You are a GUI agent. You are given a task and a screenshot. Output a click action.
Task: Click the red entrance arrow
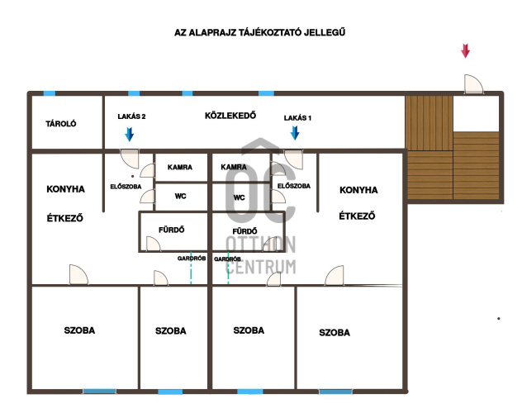click(x=465, y=51)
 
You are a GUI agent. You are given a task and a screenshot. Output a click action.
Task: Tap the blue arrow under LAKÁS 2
click(x=129, y=134)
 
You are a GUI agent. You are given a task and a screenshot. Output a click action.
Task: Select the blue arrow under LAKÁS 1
click(x=295, y=133)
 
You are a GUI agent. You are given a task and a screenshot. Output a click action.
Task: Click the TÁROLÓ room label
click(x=61, y=124)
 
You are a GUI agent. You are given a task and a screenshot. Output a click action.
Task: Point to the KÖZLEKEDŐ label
click(x=230, y=116)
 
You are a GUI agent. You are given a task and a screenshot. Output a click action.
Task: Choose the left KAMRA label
click(x=180, y=167)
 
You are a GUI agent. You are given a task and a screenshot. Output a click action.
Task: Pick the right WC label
click(x=239, y=197)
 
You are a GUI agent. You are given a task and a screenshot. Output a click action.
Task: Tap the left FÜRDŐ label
click(x=172, y=230)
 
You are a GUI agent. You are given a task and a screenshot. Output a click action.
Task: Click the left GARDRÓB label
click(x=192, y=259)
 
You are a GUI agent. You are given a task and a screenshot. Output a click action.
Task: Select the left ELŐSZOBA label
click(x=126, y=187)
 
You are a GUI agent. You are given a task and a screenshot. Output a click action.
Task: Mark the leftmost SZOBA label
click(x=79, y=330)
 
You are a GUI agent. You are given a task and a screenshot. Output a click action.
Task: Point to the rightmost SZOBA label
click(x=335, y=332)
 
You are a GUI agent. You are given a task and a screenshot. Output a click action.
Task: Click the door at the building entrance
click(x=473, y=84)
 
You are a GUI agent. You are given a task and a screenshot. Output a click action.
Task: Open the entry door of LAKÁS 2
click(x=130, y=159)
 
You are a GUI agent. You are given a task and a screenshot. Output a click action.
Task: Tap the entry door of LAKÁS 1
click(x=294, y=159)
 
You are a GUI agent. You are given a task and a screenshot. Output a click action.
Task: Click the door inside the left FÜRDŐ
click(x=153, y=244)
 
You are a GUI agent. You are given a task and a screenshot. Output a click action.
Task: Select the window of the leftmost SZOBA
click(x=100, y=392)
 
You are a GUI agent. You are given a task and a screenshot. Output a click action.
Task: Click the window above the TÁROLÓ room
click(x=50, y=93)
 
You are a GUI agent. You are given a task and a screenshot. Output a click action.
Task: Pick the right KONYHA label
click(x=358, y=190)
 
